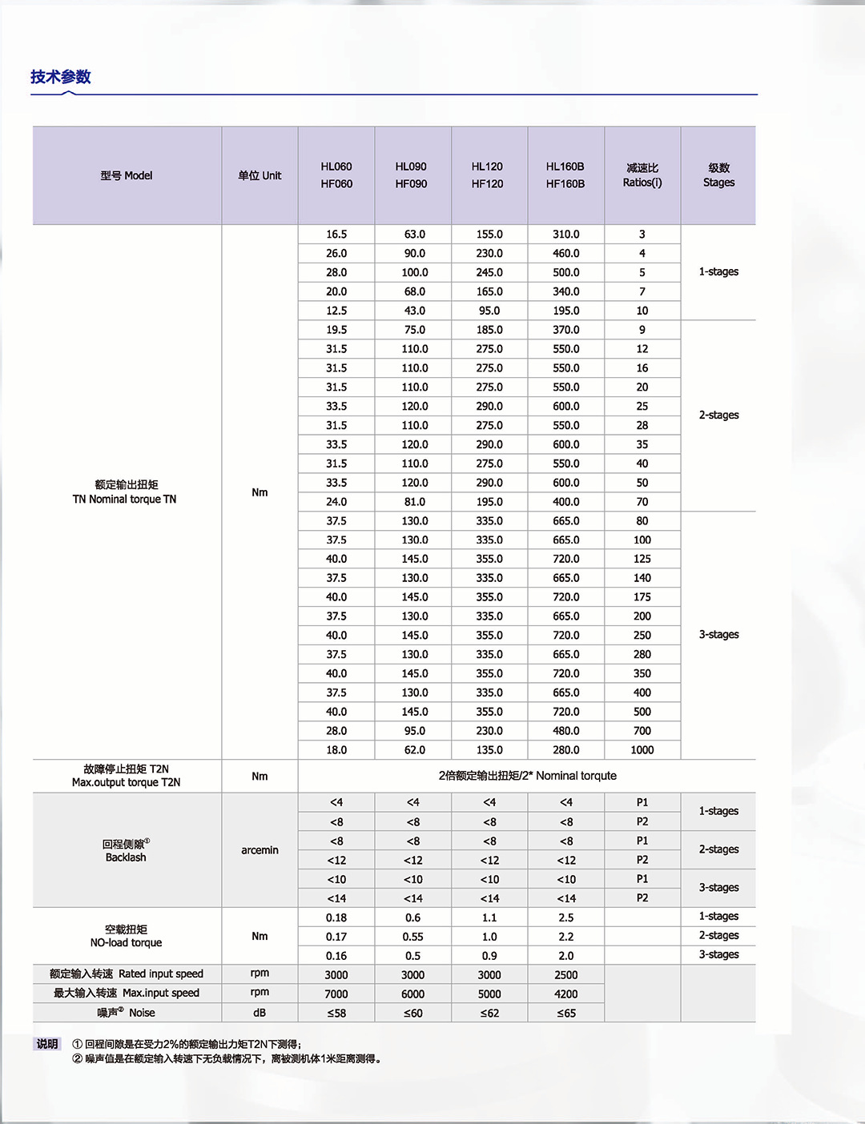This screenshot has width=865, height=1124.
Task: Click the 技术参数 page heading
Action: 61,77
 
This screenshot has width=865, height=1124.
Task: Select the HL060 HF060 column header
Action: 336,175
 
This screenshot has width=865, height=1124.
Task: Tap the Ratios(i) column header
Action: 642,175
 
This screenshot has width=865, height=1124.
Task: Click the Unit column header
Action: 259,175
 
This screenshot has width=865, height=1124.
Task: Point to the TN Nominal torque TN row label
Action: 125,492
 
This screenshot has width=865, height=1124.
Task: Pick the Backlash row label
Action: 126,850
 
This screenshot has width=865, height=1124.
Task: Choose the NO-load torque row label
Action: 126,936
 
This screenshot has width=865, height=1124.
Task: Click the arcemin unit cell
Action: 259,850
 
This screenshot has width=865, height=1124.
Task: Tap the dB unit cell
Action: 259,1013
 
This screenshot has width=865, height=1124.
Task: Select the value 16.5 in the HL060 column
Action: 336,235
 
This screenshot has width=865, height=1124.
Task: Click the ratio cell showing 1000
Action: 642,750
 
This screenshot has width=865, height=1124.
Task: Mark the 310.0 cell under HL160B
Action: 566,235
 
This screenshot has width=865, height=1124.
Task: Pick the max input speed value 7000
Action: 336,994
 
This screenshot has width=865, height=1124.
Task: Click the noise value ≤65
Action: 566,1013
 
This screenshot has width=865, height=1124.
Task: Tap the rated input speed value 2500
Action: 566,975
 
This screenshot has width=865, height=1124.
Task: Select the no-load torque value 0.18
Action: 336,917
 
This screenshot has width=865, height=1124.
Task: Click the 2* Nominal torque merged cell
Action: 527,776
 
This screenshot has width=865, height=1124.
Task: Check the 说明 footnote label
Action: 47,1044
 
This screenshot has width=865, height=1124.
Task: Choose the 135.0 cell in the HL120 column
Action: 489,750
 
